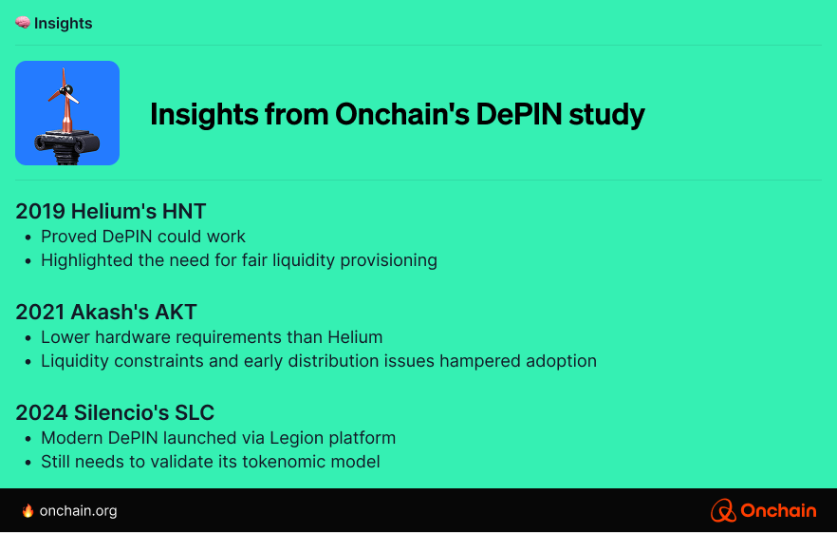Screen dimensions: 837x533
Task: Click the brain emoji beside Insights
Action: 23,23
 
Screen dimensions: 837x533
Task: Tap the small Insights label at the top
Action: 63,24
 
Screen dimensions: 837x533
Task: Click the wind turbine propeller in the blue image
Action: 65,91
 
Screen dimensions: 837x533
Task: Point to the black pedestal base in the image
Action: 67,146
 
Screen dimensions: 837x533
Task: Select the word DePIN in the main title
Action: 519,114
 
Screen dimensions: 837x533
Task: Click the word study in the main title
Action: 606,115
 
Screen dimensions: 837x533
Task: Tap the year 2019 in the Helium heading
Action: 41,211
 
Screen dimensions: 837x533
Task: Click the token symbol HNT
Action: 184,211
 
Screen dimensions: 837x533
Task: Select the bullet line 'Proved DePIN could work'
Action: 143,237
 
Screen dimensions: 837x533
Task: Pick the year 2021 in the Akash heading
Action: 40,312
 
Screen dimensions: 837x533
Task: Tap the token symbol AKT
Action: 176,312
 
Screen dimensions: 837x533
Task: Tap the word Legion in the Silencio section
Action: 296,438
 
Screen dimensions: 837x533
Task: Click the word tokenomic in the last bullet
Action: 286,462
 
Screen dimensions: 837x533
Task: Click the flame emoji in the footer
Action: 28,510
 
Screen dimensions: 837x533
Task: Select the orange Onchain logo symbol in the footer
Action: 723,510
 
